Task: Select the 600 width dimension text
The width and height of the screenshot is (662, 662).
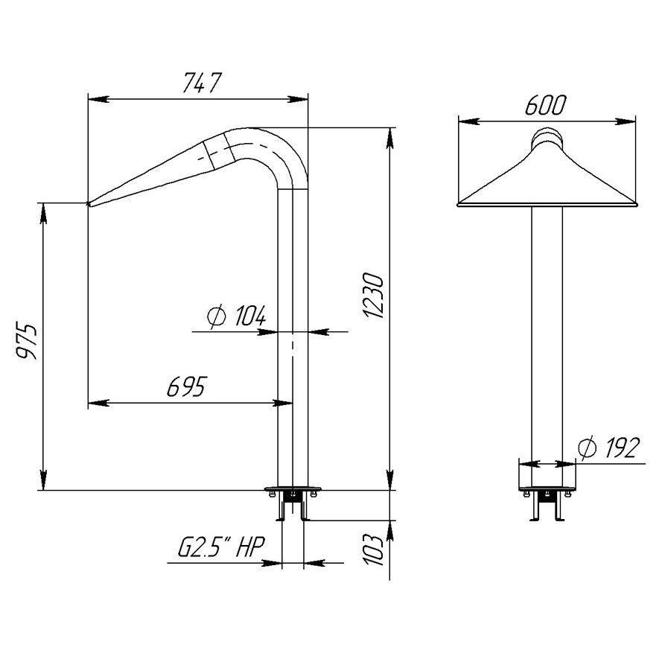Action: coord(545,105)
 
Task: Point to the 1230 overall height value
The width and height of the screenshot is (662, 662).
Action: coord(373,295)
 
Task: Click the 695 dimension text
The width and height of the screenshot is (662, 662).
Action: coord(187,386)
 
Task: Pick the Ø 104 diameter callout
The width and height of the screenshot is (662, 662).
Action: coord(237,316)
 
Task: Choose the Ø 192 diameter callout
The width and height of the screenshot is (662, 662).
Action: coord(608,448)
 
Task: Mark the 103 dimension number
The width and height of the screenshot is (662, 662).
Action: coord(374,550)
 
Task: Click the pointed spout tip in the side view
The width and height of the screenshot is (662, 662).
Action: coord(89,204)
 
